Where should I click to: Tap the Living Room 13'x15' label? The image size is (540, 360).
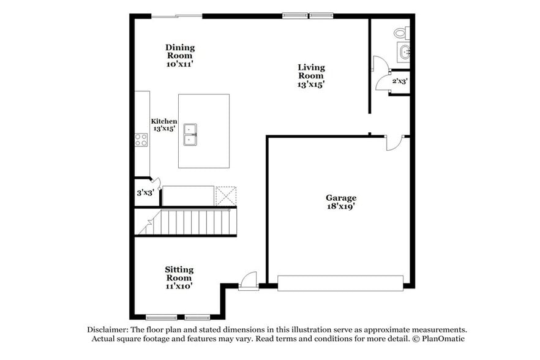[x=311, y=76]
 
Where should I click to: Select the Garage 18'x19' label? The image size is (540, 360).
[x=341, y=202]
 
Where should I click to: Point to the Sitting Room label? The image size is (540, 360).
[x=179, y=277]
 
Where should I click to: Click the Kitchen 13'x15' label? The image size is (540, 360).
[x=165, y=125]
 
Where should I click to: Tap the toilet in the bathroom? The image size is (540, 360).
[x=400, y=32]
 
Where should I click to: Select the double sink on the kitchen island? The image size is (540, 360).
[x=192, y=134]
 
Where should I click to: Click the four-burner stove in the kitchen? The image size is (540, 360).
[x=141, y=140]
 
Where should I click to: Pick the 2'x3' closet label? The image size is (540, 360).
[x=400, y=80]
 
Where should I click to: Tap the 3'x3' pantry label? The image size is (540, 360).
[x=145, y=192]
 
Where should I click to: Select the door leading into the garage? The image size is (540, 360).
[x=392, y=143]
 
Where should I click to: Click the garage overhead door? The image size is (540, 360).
[x=340, y=283]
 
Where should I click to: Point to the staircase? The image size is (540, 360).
[x=187, y=222]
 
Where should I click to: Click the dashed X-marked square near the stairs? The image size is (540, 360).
[x=225, y=196]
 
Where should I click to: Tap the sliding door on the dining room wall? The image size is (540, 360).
[x=176, y=16]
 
